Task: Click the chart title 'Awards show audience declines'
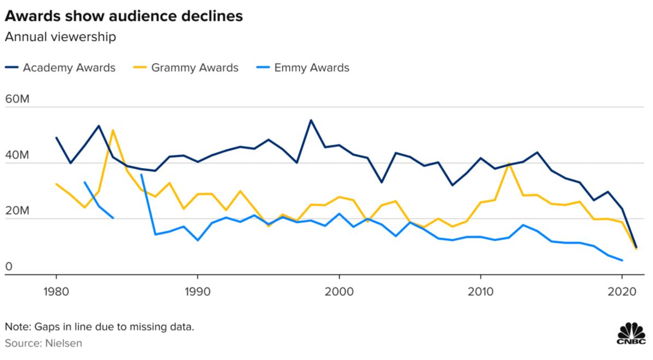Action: tap(124, 16)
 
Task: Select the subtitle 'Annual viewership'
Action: tap(60, 38)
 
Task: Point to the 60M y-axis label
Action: tap(18, 100)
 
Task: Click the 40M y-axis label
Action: tap(18, 156)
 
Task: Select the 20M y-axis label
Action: tap(18, 211)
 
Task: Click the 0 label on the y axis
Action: tap(9, 267)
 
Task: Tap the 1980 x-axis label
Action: tap(56, 291)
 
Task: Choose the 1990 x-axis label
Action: tap(198, 291)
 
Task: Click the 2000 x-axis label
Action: tap(339, 291)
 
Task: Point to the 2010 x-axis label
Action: tap(481, 291)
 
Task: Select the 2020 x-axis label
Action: tap(622, 291)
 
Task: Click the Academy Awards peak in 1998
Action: tap(311, 120)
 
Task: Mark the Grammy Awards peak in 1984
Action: tap(113, 130)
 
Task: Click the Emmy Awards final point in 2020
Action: tap(622, 260)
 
